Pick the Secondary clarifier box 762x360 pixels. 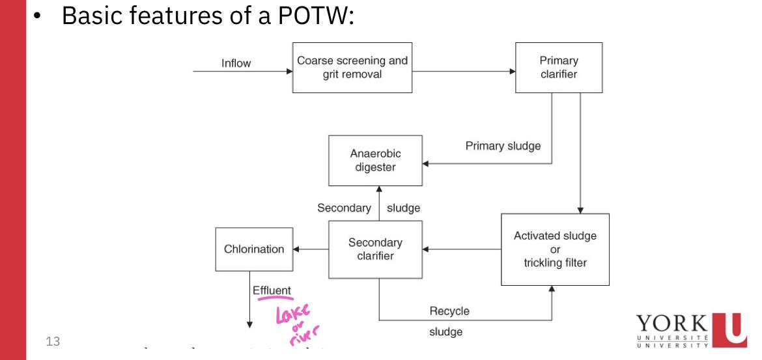tap(374, 249)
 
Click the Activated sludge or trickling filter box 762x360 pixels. tap(555, 249)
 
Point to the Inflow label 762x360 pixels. tap(236, 63)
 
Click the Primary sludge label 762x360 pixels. tap(503, 146)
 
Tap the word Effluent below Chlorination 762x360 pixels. tap(272, 290)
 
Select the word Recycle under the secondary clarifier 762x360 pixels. tap(449, 311)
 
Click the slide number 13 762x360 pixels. tap(51, 339)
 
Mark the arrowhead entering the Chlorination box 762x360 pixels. tap(296, 249)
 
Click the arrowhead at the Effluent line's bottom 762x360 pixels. tap(248, 322)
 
